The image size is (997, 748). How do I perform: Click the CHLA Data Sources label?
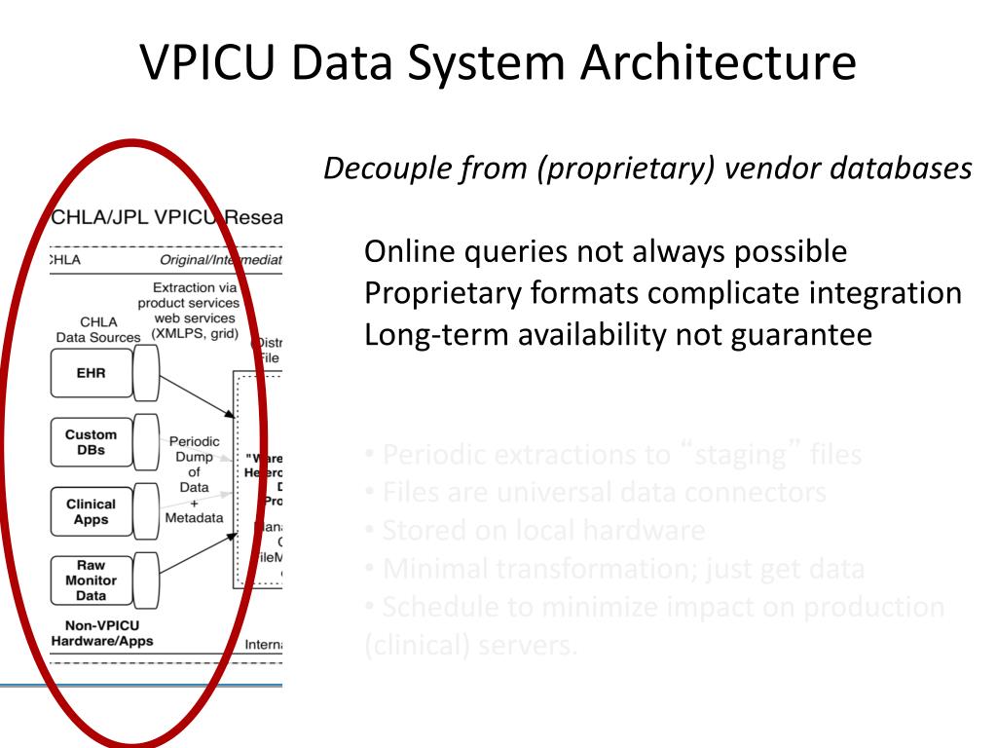click(x=98, y=329)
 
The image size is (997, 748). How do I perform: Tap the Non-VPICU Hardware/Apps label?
click(x=101, y=633)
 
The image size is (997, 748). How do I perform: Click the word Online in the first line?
click(x=405, y=252)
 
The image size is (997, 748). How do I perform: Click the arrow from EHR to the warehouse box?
click(x=196, y=395)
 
